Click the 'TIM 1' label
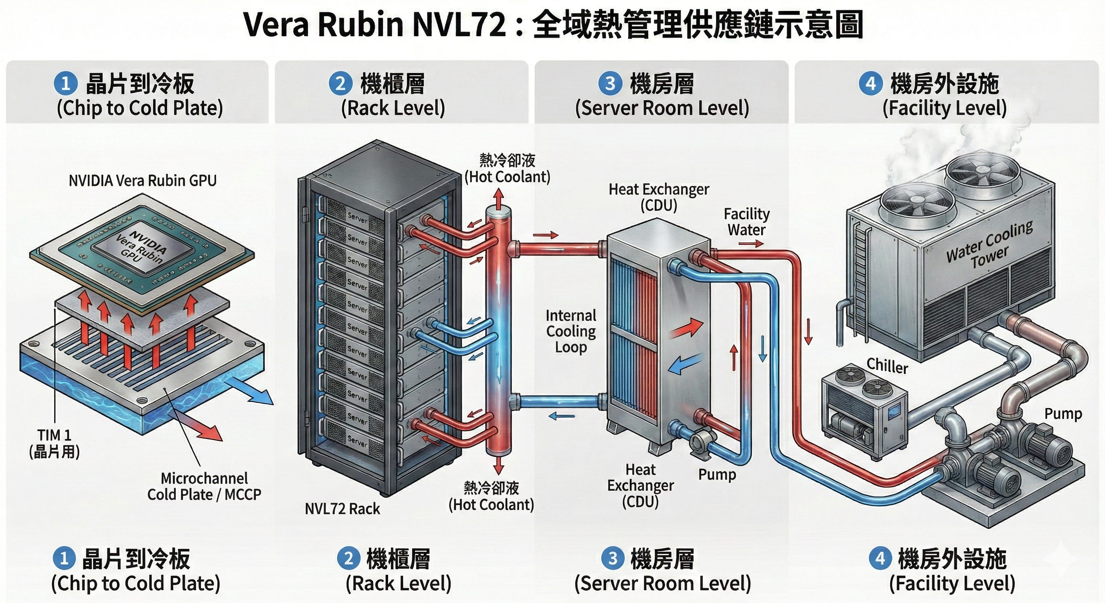pos(54,435)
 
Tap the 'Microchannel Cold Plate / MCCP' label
pos(204,486)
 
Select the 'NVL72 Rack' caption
pos(342,508)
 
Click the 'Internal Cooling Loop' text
pos(571,331)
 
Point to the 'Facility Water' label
pos(746,221)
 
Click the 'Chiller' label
pos(887,366)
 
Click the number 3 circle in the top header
pos(610,83)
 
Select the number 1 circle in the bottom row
pos(64,558)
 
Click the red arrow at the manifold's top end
pos(498,198)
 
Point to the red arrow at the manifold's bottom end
pos(498,464)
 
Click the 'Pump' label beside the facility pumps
pos(1063,414)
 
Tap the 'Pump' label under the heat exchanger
pos(717,474)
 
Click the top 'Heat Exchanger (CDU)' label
pos(658,197)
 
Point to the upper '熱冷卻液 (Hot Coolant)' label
pos(507,168)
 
